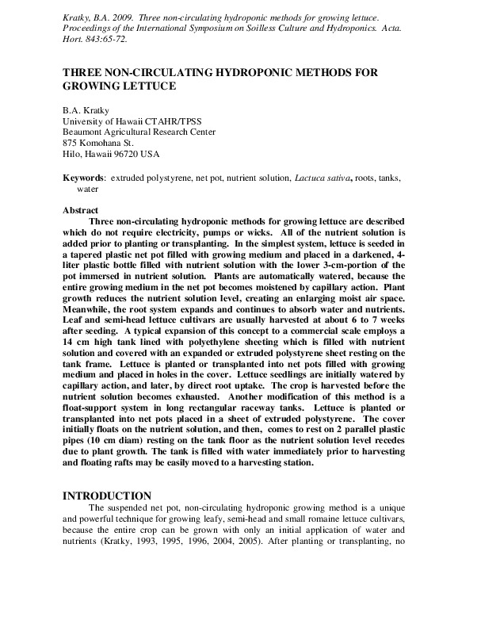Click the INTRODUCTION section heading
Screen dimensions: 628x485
tap(106, 496)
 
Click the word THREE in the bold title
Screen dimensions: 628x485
tap(81, 71)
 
